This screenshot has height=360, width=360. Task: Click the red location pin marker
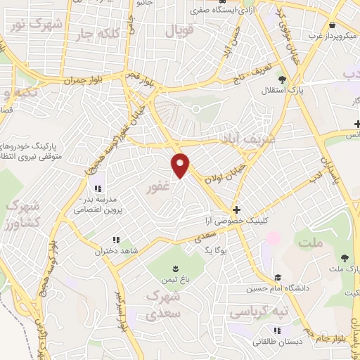(181, 165)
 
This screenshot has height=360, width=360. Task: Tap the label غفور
(157, 188)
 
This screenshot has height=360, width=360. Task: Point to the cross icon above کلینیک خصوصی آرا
(236, 210)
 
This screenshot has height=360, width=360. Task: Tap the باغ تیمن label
(175, 280)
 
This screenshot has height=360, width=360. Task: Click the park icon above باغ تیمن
(174, 269)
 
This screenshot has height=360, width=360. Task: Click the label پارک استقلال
(288, 91)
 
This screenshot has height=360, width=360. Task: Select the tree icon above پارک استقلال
(282, 79)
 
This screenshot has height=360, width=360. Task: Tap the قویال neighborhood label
(178, 32)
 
